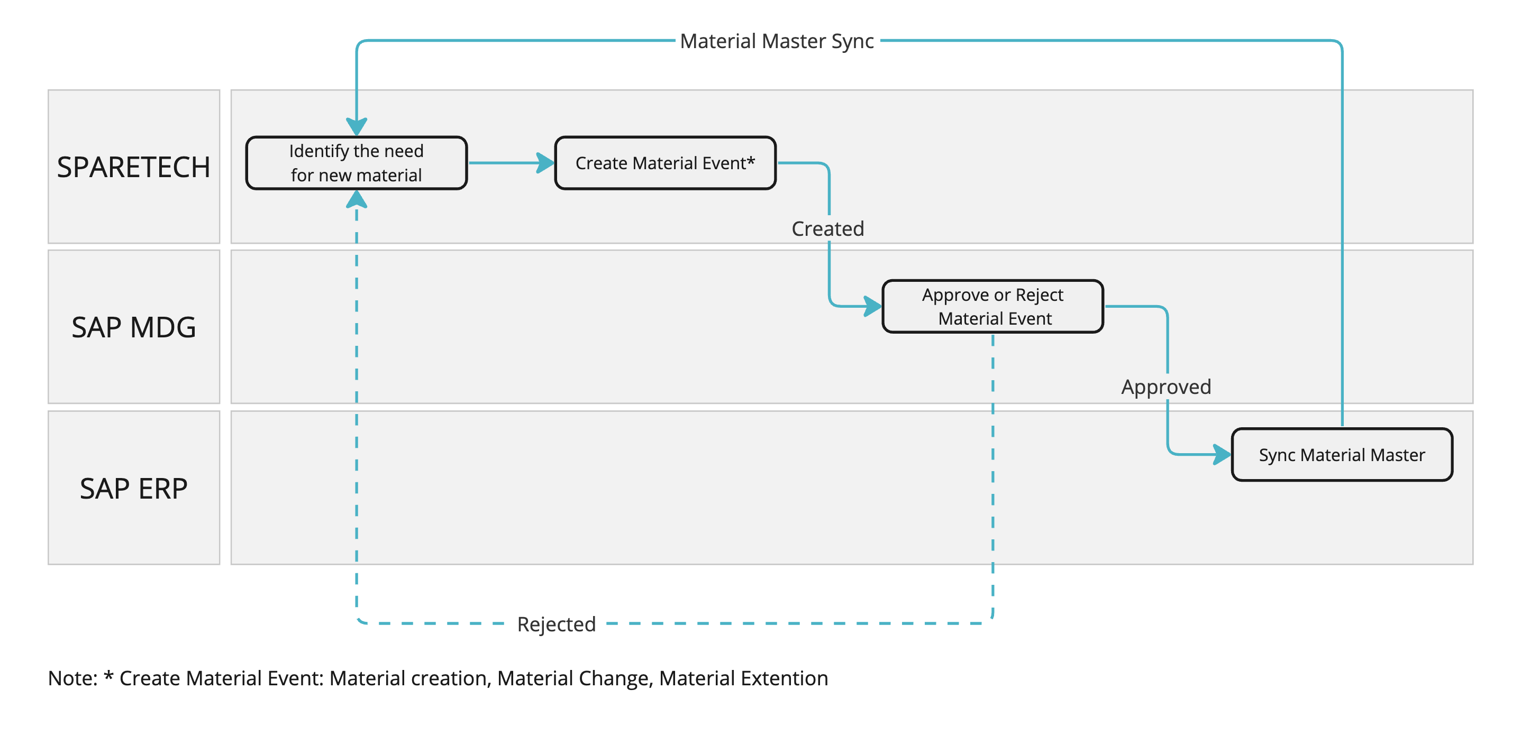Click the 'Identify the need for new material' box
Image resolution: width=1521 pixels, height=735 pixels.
(357, 163)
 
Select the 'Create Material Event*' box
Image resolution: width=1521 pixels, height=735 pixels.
(666, 163)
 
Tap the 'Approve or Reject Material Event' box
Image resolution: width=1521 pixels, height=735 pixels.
(993, 306)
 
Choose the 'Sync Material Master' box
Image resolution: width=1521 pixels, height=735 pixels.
(1342, 455)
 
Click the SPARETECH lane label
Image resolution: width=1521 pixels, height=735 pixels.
(133, 167)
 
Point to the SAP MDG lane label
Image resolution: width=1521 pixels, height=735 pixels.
(133, 327)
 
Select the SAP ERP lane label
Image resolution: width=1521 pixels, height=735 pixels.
(133, 488)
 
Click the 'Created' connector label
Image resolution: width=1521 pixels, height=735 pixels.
(828, 228)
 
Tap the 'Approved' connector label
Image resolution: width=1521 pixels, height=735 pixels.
(1166, 387)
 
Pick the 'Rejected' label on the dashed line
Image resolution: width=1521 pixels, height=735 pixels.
(556, 624)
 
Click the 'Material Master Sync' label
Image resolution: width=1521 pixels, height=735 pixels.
(777, 41)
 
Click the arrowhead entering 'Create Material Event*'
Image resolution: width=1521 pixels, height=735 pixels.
(545, 163)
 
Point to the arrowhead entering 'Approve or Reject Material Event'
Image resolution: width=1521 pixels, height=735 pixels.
(872, 306)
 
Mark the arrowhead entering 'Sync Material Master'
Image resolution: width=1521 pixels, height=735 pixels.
(1222, 455)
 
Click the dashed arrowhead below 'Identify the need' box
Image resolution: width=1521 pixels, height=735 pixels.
(357, 199)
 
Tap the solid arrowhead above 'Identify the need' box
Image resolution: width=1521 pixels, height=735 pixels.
(357, 126)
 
